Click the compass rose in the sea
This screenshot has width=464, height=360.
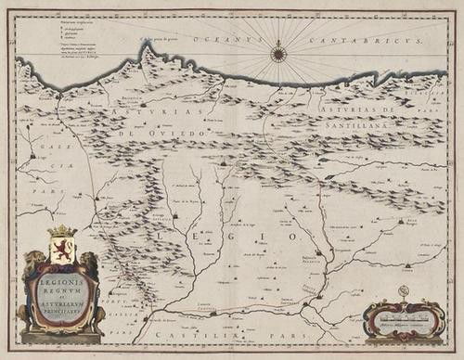click(x=277, y=54)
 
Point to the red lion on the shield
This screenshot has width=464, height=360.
click(x=60, y=248)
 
